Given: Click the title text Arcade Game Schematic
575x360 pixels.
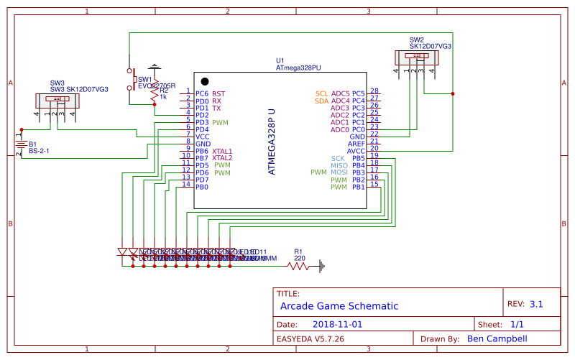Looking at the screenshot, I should pyautogui.click(x=339, y=306).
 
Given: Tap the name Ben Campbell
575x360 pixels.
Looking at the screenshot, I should pyautogui.click(x=497, y=338).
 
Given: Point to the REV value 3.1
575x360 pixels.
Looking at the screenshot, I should pyautogui.click(x=536, y=304).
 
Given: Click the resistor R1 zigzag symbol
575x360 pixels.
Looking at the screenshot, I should pyautogui.click(x=299, y=266).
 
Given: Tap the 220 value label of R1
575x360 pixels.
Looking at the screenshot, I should pyautogui.click(x=300, y=258).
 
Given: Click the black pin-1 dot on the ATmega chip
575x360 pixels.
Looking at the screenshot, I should pyautogui.click(x=205, y=81).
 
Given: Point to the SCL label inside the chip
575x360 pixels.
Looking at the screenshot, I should pyautogui.click(x=321, y=93).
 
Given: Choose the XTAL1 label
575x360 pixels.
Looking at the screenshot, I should pyautogui.click(x=222, y=151).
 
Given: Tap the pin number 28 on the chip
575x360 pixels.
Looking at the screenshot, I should pyautogui.click(x=374, y=91).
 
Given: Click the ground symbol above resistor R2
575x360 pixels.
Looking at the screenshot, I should pyautogui.click(x=155, y=67).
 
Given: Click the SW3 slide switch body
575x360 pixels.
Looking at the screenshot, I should pyautogui.click(x=55, y=100).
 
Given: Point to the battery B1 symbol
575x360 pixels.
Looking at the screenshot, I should pyautogui.click(x=21, y=144).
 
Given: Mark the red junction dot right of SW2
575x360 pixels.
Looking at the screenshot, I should pyautogui.click(x=453, y=93).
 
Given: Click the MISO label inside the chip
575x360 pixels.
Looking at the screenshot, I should pyautogui.click(x=339, y=165).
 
